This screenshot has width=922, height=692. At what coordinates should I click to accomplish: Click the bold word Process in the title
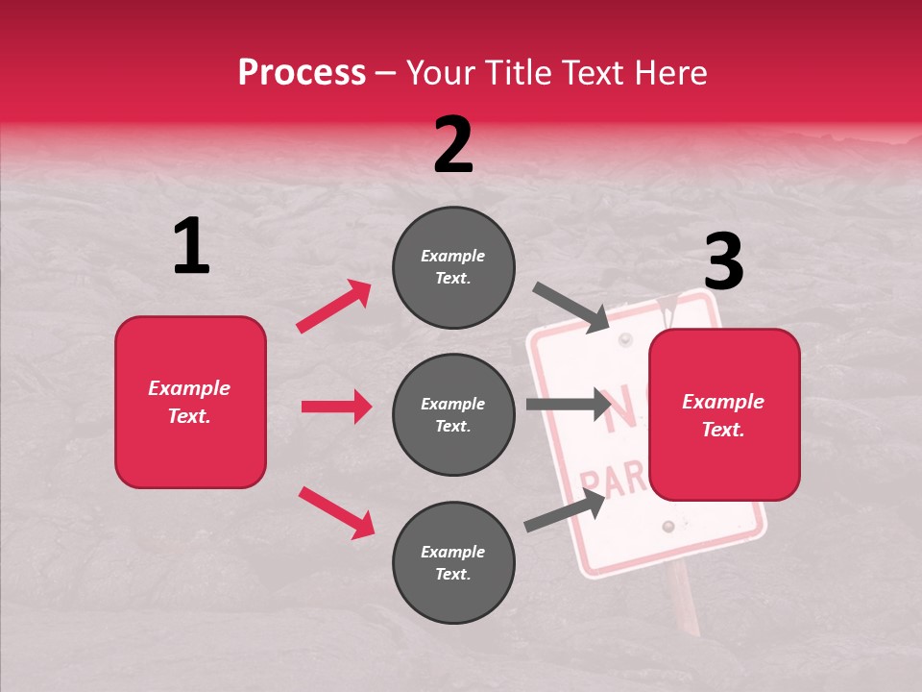(x=302, y=73)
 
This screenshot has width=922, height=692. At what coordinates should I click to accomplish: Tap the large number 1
(x=191, y=247)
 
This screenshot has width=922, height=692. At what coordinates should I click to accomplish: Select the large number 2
(x=453, y=145)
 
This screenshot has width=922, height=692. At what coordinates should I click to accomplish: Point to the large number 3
(x=723, y=262)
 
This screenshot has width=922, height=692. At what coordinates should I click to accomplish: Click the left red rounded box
(x=190, y=402)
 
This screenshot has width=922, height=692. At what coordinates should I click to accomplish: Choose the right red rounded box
(x=724, y=414)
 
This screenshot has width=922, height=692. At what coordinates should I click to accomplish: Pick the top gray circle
(x=453, y=267)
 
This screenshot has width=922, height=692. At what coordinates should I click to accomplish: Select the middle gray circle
(x=453, y=414)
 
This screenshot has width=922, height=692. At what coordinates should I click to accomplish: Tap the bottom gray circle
(x=453, y=562)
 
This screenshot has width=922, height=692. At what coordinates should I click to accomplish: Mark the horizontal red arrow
(x=336, y=407)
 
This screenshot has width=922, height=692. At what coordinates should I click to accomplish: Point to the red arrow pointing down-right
(x=336, y=512)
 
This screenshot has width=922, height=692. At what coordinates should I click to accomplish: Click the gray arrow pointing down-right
(x=571, y=307)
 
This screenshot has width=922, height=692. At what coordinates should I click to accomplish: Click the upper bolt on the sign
(x=626, y=340)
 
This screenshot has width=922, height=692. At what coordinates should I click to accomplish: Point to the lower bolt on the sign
(x=667, y=527)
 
